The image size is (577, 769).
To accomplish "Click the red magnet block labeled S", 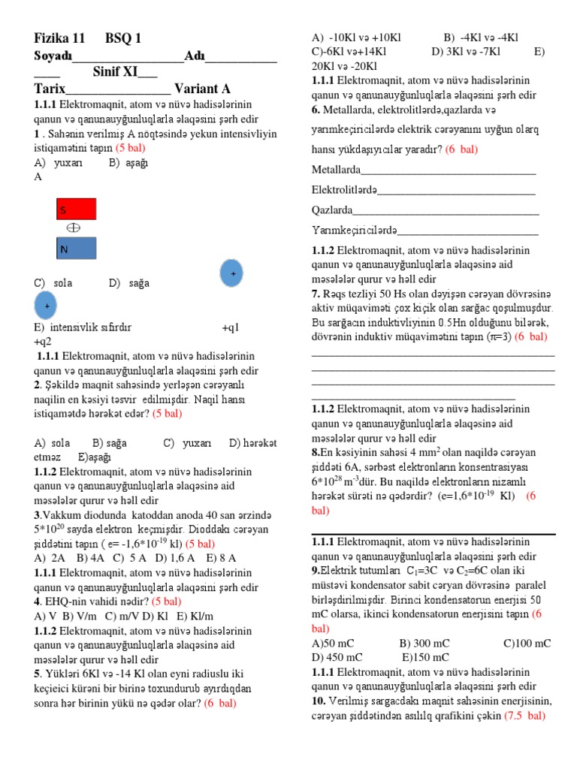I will click(x=77, y=209).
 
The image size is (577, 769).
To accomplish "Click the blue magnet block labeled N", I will click(x=77, y=249).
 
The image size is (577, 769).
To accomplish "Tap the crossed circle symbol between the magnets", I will click(x=74, y=228).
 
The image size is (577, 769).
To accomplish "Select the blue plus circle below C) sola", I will click(x=48, y=306).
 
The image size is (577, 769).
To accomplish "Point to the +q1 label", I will click(x=231, y=328).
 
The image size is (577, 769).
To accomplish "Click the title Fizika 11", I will click(x=60, y=38).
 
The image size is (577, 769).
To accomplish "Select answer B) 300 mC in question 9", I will click(x=424, y=644).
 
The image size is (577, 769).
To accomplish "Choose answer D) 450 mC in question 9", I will click(x=337, y=658).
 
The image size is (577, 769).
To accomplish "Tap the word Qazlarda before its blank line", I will click(x=332, y=210).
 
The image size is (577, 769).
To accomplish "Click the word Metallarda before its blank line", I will click(x=336, y=169).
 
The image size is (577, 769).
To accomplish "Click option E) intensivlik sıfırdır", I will click(x=83, y=328).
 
